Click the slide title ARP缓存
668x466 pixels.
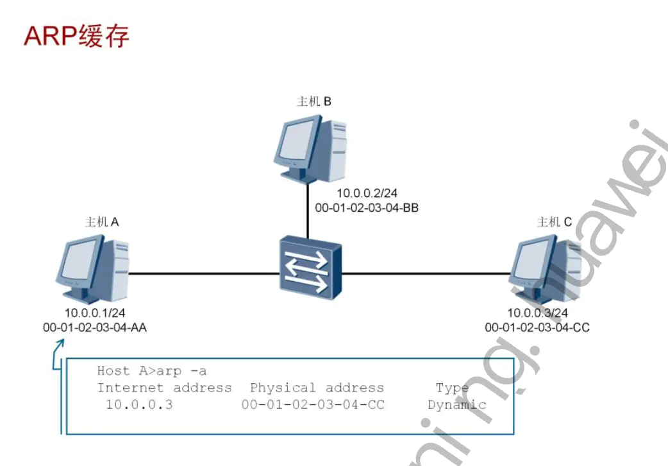click(x=76, y=37)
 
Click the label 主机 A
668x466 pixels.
click(x=102, y=222)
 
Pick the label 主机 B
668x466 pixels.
click(x=313, y=101)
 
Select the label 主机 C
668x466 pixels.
click(x=554, y=222)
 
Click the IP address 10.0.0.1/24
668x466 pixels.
click(x=94, y=313)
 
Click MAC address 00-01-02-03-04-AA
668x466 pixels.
click(x=94, y=327)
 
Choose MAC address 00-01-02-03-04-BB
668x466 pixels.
click(x=367, y=208)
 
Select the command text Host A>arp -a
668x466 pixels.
click(x=152, y=371)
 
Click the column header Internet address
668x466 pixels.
click(x=164, y=388)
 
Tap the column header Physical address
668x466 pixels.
click(x=317, y=388)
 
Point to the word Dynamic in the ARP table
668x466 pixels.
click(x=456, y=405)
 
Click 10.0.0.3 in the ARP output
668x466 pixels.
click(x=139, y=405)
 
